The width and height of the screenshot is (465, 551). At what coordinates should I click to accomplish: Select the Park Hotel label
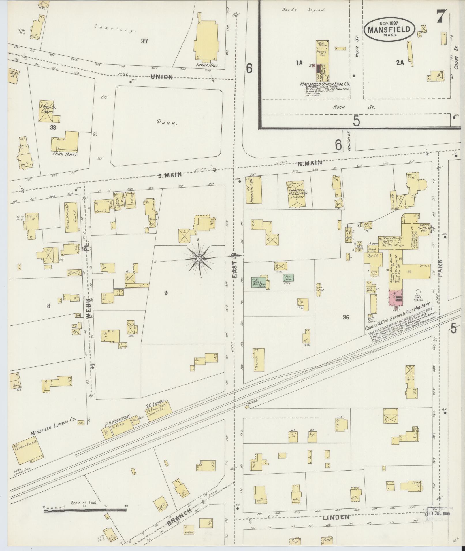(66, 154)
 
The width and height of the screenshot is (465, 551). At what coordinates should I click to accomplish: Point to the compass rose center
(199, 259)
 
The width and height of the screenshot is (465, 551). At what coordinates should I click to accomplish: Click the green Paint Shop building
(288, 278)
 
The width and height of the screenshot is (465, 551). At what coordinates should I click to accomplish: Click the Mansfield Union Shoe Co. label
(325, 84)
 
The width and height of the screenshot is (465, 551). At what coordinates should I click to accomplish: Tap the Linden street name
(336, 518)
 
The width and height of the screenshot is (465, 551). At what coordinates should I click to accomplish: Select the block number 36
(346, 317)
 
